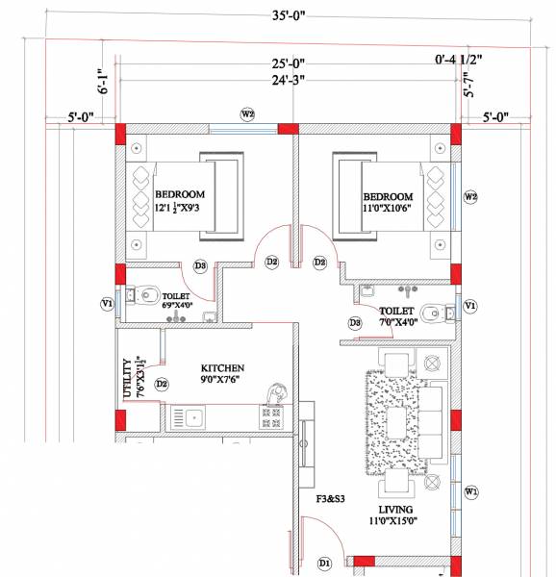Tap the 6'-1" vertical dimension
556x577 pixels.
point(102,81)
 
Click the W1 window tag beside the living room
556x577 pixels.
point(470,491)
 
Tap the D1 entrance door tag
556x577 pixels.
point(324,562)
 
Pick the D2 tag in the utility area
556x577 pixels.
point(162,385)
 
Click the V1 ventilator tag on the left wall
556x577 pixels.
point(108,304)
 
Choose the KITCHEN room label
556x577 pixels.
point(222,368)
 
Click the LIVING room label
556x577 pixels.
point(395,509)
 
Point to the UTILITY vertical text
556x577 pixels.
point(126,380)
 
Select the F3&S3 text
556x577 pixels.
point(332,499)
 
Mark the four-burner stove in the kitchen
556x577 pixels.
point(271,417)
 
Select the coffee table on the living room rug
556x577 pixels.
point(397,420)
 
